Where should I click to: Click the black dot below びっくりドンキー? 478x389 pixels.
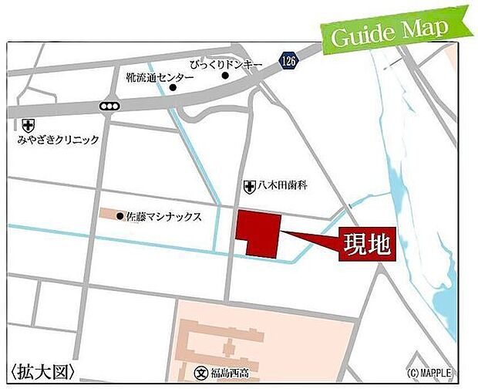[x=226, y=76]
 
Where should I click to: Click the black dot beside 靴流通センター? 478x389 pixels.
[x=173, y=87]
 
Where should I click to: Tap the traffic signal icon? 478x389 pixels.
[x=109, y=107]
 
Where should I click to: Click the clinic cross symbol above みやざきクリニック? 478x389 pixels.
[x=29, y=125]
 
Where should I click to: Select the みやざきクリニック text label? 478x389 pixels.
[x=58, y=140]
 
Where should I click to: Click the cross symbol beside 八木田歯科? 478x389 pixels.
[x=249, y=186]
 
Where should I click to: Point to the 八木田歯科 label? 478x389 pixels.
[x=283, y=186]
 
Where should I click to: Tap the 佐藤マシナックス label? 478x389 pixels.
[x=163, y=217]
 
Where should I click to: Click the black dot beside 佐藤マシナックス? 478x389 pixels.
[x=119, y=216]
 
